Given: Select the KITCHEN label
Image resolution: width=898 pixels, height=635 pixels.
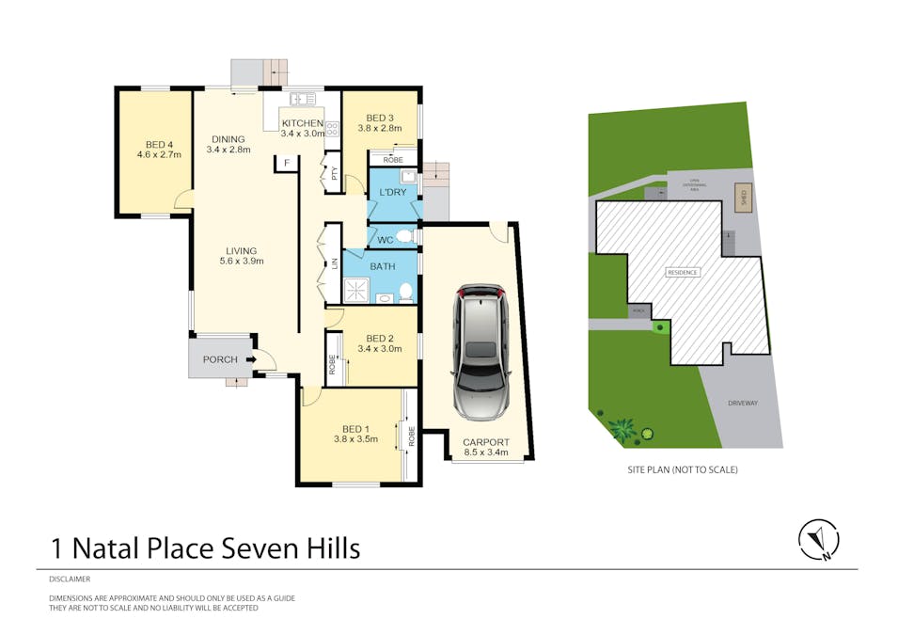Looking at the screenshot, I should (x=303, y=123).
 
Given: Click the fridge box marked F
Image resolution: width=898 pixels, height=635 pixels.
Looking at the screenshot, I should (x=286, y=164).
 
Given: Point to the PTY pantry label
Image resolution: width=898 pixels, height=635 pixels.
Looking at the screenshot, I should (x=333, y=173).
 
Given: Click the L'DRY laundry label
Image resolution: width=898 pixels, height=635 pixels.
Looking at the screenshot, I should (x=392, y=192).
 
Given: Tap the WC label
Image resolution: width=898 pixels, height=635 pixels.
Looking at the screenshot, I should (x=385, y=240).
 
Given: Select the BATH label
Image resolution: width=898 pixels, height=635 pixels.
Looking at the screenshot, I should (x=383, y=267).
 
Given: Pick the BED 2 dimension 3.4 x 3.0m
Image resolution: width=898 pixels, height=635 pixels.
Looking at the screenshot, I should (x=379, y=349).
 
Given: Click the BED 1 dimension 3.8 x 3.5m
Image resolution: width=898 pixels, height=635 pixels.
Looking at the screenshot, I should (x=355, y=438).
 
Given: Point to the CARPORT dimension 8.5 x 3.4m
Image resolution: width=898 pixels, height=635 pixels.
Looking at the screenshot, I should (x=486, y=452).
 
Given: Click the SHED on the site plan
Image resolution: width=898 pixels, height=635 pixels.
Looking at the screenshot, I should (x=743, y=198).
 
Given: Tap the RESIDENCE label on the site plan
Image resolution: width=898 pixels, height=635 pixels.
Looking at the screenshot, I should (x=683, y=273).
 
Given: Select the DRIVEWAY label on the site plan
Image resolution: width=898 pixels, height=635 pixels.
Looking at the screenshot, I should (x=742, y=403).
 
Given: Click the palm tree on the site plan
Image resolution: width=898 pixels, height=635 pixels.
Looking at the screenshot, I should (x=622, y=430).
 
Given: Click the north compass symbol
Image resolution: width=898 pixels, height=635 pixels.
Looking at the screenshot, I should (x=818, y=540).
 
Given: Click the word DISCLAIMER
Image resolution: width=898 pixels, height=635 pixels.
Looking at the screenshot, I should (x=70, y=579).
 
